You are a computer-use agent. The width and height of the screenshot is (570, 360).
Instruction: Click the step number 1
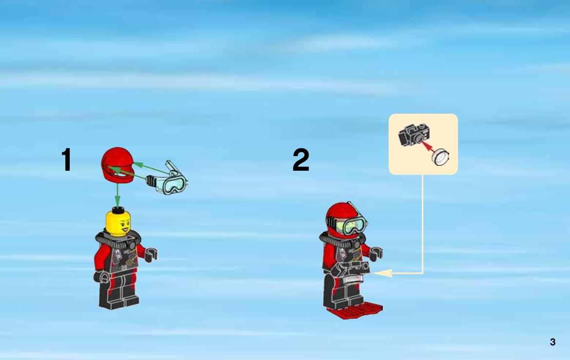pyautogui.click(x=66, y=160)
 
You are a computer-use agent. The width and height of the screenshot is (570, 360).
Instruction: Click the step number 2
pyautogui.click(x=301, y=160)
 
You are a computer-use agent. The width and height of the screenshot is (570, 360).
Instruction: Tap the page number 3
pyautogui.click(x=552, y=342)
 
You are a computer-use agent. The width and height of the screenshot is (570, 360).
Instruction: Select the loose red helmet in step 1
pyautogui.click(x=118, y=165)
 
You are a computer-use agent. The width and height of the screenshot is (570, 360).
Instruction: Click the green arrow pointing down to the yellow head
pyautogui.click(x=117, y=195)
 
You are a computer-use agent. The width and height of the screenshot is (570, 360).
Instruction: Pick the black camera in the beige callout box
pyautogui.click(x=414, y=134)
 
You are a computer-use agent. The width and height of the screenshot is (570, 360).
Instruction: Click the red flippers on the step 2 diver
pyautogui.click(x=355, y=310)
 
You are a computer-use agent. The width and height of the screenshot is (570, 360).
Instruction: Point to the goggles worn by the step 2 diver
pyautogui.click(x=351, y=225)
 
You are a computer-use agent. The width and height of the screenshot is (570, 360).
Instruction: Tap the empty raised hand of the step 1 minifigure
pyautogui.click(x=151, y=254)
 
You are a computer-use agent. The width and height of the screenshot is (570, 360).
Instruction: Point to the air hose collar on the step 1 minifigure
pyautogui.click(x=118, y=239)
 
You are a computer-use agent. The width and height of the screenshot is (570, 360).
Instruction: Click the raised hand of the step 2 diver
pyautogui.click(x=376, y=253)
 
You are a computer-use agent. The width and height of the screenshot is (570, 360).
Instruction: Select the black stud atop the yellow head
pyautogui.click(x=118, y=210)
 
